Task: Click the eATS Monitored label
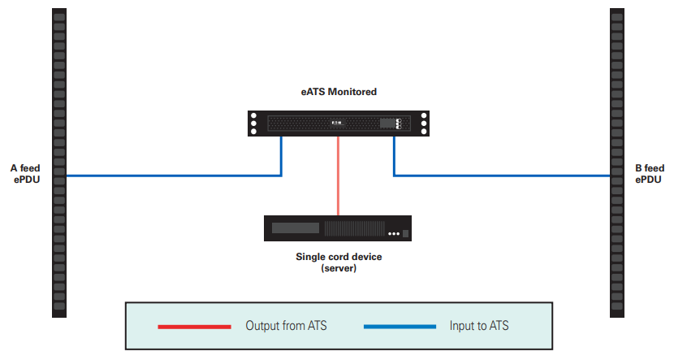tap(339, 92)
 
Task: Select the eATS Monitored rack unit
tap(339, 124)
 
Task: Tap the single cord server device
tap(338, 228)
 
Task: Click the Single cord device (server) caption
tap(339, 262)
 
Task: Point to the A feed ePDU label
tap(25, 174)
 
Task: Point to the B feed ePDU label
tap(650, 174)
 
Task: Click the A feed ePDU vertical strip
tap(59, 163)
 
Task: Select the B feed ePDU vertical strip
tap(617, 163)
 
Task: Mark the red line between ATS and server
tap(339, 176)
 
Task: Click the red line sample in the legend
tap(194, 327)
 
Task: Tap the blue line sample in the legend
tap(400, 327)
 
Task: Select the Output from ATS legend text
tap(286, 326)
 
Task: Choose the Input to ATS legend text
tap(479, 326)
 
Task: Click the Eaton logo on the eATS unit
tap(338, 123)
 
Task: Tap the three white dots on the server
tap(394, 234)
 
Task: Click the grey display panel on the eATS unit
tap(387, 124)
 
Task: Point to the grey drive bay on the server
tap(296, 228)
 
